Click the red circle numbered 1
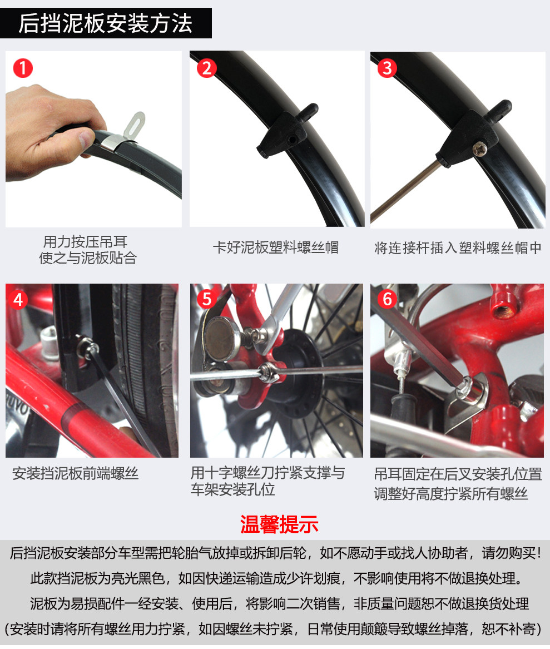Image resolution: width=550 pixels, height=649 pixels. pos(23,68)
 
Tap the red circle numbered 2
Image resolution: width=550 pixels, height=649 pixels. pos(206,68)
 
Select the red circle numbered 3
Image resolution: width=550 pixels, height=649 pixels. pos(388,68)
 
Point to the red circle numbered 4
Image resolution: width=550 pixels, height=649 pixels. pos(18,300)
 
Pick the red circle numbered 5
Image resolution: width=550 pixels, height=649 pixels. pos(207,299)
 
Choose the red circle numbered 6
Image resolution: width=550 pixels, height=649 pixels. pos(388,299)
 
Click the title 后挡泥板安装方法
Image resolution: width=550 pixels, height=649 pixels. pos(106,23)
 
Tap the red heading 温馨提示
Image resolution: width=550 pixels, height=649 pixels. pos(279,524)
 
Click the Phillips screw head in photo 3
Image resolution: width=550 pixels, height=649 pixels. pos(479,148)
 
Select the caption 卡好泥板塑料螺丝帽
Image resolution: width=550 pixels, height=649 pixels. pos(276,248)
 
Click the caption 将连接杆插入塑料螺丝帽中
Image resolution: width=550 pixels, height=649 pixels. pos(458,248)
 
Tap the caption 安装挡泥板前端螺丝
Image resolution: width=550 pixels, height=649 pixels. pos(75,473)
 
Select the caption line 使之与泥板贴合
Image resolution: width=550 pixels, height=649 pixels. pos(88,258)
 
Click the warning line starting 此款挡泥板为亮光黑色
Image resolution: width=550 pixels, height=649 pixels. pos(276,578)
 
